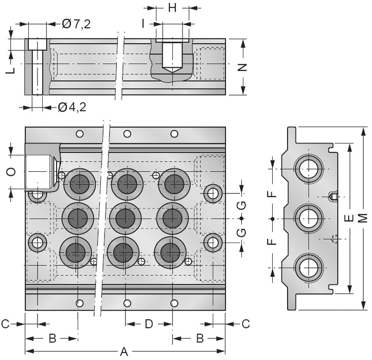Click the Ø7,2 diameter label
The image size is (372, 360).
[76, 24]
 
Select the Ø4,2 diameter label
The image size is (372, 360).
[72, 107]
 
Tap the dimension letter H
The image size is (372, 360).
[172, 8]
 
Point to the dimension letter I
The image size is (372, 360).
[145, 24]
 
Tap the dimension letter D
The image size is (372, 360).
[149, 324]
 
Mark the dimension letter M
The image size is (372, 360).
[364, 218]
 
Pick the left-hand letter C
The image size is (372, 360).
[5, 324]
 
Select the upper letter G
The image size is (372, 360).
[241, 205]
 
